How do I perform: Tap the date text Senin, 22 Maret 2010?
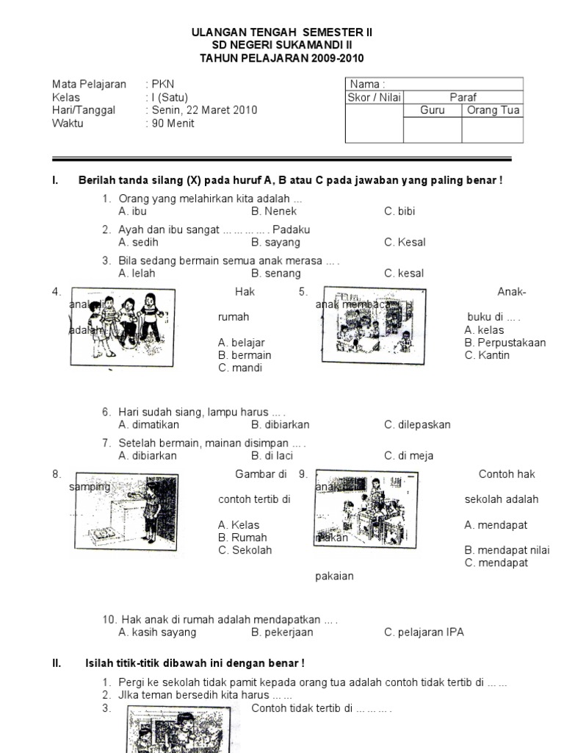point(203,110)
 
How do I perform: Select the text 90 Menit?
point(173,124)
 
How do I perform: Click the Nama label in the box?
point(368,85)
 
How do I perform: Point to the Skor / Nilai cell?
point(374,97)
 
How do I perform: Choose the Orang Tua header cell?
point(492,110)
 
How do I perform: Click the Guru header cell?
point(433,110)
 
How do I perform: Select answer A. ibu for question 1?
point(133,211)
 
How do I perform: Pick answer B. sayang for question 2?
point(275,242)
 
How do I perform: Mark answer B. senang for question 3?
point(276,273)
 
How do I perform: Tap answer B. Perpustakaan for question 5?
point(505,343)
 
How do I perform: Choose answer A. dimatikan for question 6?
point(148,424)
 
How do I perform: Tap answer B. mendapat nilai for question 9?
point(507,550)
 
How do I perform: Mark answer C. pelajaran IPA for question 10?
point(424,632)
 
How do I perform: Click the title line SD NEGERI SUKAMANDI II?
point(282,46)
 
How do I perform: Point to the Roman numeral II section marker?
point(57,663)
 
